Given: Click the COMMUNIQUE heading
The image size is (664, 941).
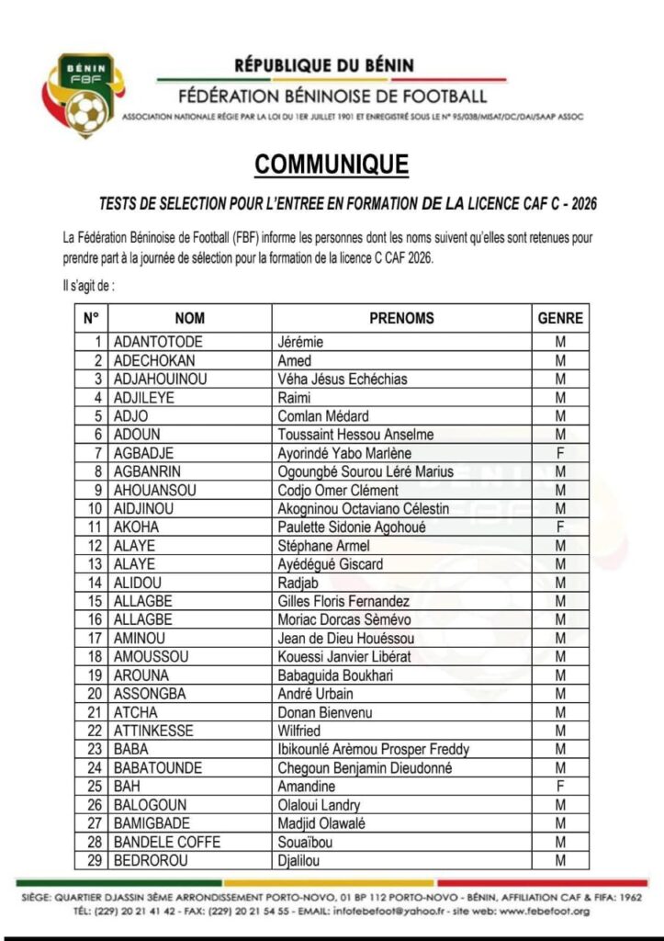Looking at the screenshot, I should (332, 164).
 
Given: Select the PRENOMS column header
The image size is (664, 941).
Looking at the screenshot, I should (401, 318).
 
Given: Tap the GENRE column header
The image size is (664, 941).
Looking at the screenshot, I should (559, 318).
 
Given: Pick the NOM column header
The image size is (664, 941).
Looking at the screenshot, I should (189, 318).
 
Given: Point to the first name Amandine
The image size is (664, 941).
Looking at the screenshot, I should (307, 787).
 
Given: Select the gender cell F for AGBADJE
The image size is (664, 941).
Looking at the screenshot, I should (559, 453).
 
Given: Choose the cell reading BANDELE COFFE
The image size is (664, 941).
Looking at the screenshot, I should (166, 842).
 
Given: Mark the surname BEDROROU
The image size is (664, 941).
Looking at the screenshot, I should (151, 861).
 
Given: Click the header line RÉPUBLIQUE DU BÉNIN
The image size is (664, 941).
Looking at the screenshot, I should (324, 65).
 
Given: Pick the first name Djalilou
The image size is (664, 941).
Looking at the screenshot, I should (300, 861).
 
